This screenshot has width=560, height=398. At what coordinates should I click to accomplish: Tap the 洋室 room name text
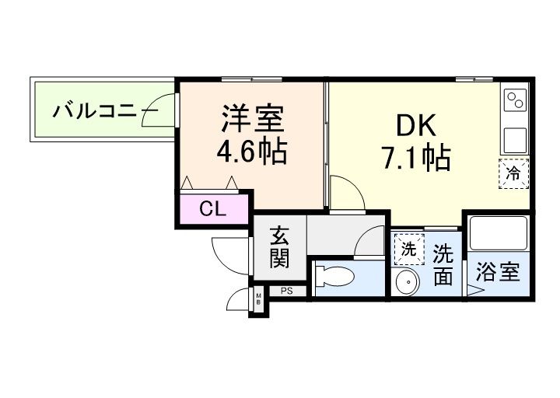pos(252,120)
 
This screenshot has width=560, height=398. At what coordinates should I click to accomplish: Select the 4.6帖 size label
pos(252,151)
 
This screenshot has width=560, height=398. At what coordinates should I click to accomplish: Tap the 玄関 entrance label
pos(281,247)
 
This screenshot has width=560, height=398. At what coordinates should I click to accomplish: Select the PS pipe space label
pos(286,292)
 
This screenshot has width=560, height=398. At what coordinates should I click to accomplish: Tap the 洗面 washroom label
pos(443,265)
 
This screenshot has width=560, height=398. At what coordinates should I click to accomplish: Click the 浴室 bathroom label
pos(498,273)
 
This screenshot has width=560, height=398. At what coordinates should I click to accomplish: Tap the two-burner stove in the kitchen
pos(515,100)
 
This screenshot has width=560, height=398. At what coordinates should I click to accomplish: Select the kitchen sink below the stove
pos(515,140)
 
